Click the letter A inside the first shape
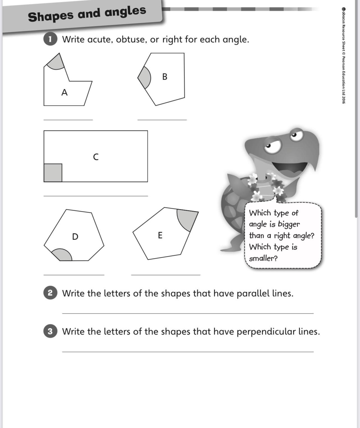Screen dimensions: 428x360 [x=64, y=92]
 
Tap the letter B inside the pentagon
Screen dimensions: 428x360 [x=165, y=77]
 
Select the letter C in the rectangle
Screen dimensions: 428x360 [x=96, y=157]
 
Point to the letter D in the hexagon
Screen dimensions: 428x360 [x=75, y=237]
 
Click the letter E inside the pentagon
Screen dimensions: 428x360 [x=160, y=235]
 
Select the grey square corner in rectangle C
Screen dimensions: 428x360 [x=53, y=173]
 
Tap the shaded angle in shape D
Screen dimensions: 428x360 [x=63, y=255]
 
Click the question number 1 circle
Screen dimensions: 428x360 [x=50, y=39]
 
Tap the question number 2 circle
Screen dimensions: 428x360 [x=50, y=293]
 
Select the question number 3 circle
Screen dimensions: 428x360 [x=50, y=331]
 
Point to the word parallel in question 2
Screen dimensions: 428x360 [x=253, y=293]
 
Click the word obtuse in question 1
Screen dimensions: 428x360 [x=131, y=40]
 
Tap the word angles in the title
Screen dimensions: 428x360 [x=125, y=12]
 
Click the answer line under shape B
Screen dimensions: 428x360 [x=162, y=120]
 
